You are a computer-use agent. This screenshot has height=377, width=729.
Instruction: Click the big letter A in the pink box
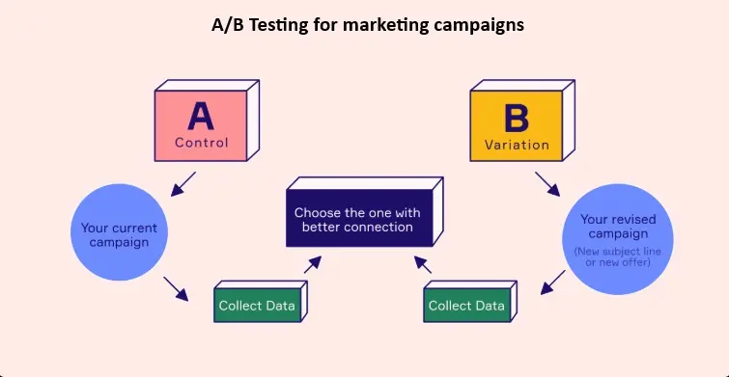[x=201, y=116]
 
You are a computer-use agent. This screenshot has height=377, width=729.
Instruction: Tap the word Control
[x=202, y=144]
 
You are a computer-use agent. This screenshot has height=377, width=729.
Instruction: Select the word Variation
[x=517, y=146]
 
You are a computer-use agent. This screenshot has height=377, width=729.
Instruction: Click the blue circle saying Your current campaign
[x=120, y=234]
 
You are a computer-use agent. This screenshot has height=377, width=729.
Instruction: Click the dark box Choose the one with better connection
[x=357, y=220]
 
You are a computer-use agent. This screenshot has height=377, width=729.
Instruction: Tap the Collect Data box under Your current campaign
[x=257, y=306]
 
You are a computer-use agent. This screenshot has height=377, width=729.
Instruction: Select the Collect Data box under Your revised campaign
[x=466, y=306]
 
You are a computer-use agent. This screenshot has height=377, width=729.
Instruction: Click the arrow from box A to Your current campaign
[x=183, y=183]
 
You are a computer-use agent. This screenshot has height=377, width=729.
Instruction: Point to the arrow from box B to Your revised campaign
[x=547, y=182]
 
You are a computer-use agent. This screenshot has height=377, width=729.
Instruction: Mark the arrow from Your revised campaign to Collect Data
[x=552, y=283]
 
